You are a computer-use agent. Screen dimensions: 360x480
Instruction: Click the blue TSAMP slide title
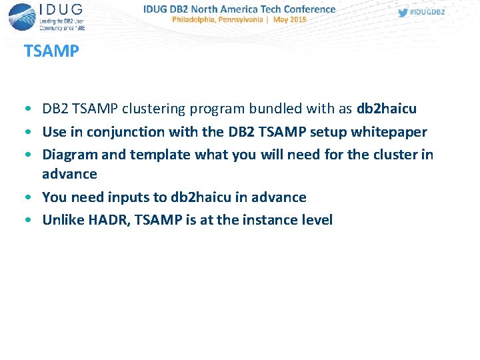point(51,51)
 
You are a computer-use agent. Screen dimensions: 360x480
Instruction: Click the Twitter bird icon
point(402,13)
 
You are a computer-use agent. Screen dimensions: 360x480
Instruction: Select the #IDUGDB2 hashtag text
point(427,13)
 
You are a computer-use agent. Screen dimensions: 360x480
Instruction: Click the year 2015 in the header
point(298,20)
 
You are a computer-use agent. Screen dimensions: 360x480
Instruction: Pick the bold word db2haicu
point(387,109)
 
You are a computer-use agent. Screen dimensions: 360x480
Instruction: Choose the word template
point(160,155)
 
